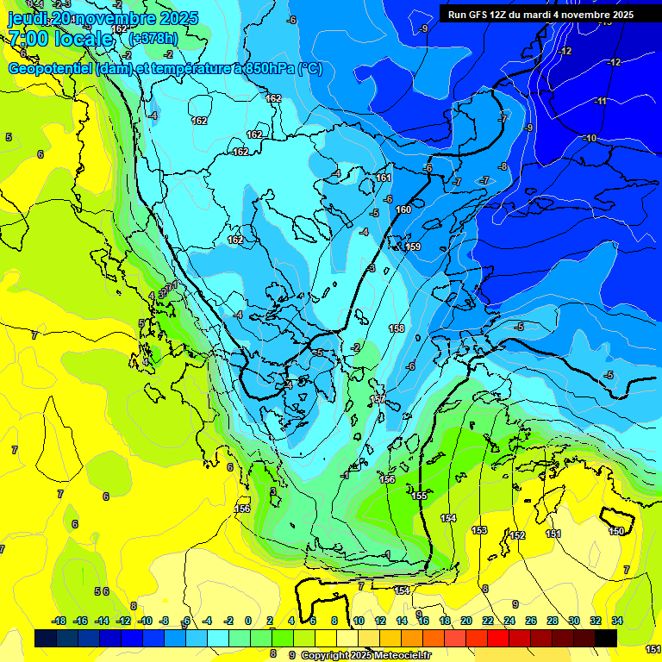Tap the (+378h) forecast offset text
click(153, 38)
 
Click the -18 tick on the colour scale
click(59, 621)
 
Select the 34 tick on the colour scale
click(617, 621)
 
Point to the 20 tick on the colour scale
click(466, 621)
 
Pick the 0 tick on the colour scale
click(248, 621)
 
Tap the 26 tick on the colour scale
click(531, 621)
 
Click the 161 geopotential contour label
click(384, 178)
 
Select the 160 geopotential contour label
click(403, 209)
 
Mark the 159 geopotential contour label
click(413, 247)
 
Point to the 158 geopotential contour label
click(397, 328)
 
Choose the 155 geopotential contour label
click(420, 496)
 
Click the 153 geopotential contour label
click(480, 530)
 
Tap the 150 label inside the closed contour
click(616, 531)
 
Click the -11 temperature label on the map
click(602, 101)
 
